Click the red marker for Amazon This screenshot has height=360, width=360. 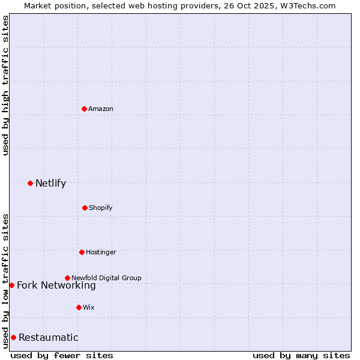(x=84, y=109)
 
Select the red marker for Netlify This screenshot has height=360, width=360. (x=30, y=183)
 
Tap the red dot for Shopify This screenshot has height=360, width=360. (x=85, y=208)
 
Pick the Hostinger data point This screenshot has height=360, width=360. (x=82, y=252)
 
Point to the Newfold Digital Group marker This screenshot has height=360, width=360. (x=67, y=278)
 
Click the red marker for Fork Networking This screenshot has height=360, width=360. (x=11, y=285)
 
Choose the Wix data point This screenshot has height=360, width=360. (x=79, y=307)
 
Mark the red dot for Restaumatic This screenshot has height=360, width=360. (x=13, y=337)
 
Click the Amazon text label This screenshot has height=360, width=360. (x=101, y=109)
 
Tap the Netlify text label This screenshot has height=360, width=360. (x=50, y=184)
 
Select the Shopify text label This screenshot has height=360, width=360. (x=101, y=208)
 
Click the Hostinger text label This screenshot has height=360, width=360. (x=101, y=252)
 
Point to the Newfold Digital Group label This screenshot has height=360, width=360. (x=106, y=278)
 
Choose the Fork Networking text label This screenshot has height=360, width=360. (x=56, y=286)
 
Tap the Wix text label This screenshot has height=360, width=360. (x=89, y=307)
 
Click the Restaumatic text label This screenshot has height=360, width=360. (x=48, y=338)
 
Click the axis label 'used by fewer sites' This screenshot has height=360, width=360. (x=62, y=355)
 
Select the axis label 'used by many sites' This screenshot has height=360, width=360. (x=301, y=355)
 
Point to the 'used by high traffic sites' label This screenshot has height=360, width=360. (x=5, y=85)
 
